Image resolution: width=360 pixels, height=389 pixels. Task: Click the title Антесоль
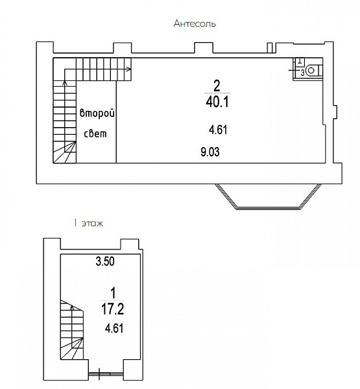click(x=195, y=23)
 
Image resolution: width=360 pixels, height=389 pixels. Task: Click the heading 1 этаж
click(x=88, y=223)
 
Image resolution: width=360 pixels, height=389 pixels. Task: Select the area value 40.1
click(x=217, y=102)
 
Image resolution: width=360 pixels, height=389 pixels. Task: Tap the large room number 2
click(x=217, y=86)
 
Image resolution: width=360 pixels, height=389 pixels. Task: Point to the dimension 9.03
click(x=210, y=152)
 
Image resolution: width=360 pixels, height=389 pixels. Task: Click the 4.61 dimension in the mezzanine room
click(x=218, y=130)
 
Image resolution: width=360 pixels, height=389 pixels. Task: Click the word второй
click(x=97, y=113)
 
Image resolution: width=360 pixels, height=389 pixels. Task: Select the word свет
click(x=95, y=134)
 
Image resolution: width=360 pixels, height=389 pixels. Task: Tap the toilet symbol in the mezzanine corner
click(x=313, y=71)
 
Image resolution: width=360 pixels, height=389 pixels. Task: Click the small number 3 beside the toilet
click(x=302, y=73)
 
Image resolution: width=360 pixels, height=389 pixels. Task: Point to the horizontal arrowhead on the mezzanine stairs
click(x=129, y=69)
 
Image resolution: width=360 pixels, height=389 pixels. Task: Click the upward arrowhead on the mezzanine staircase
click(x=65, y=83)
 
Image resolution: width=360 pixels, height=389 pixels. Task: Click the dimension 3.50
click(x=105, y=261)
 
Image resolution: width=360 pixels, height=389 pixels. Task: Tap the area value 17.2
click(x=112, y=309)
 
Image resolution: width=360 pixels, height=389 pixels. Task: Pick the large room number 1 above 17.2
click(x=113, y=293)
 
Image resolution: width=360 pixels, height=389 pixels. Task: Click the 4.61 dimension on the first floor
click(x=114, y=329)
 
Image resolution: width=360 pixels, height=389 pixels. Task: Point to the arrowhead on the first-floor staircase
click(x=72, y=307)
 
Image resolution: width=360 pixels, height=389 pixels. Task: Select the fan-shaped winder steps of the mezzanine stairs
click(x=65, y=152)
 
